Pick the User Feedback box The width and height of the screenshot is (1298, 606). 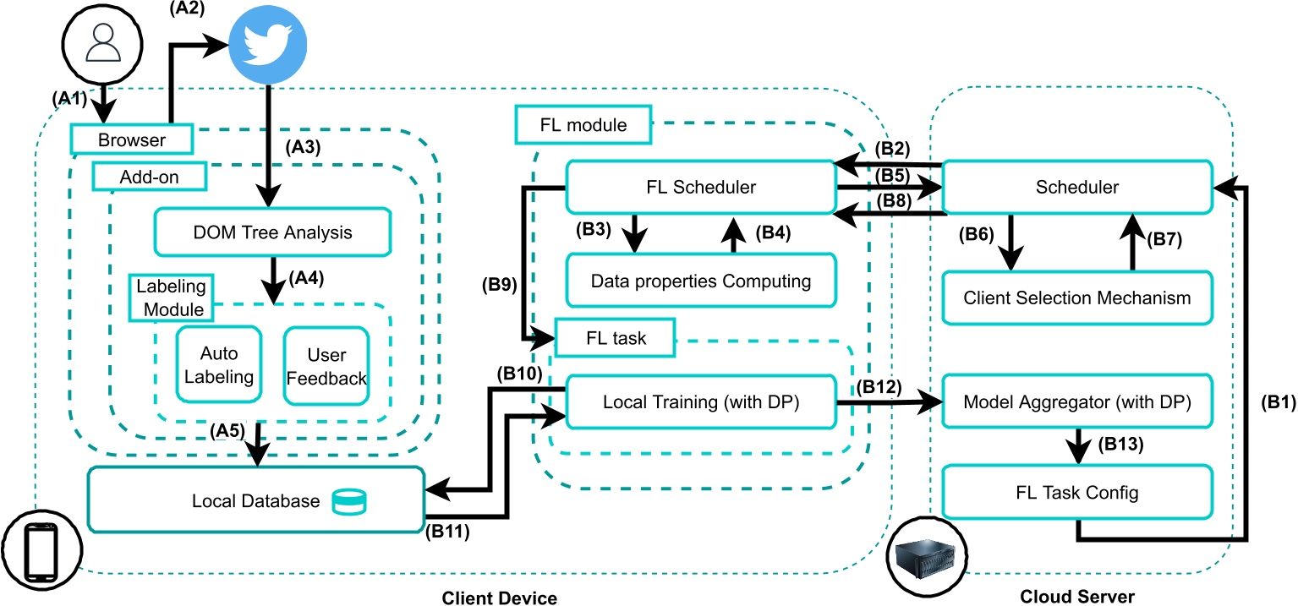pos(326,364)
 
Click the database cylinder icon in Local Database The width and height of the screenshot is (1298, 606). pos(349,501)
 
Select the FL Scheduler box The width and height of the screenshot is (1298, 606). pos(700,187)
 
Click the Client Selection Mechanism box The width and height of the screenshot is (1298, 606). pos(1077,298)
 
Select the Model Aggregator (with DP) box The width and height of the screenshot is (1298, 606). pos(1077,402)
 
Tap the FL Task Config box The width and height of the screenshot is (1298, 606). pos(1077,491)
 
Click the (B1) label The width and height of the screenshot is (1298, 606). pos(1273,402)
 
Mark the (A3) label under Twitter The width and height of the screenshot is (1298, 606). pos(305,145)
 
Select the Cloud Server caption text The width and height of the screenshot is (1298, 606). pos(1076,597)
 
